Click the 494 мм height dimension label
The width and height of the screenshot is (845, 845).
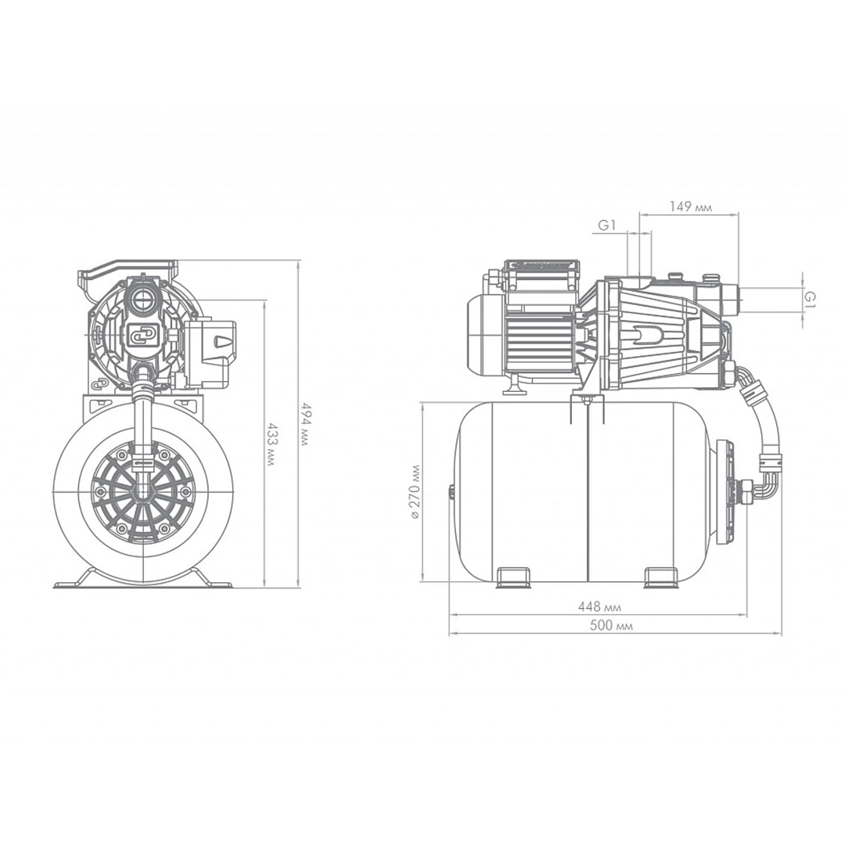pyautogui.click(x=306, y=423)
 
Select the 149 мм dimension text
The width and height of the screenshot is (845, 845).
pyautogui.click(x=690, y=207)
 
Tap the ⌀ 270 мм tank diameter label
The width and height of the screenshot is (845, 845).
pyautogui.click(x=415, y=491)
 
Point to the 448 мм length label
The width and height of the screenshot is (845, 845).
pyautogui.click(x=600, y=607)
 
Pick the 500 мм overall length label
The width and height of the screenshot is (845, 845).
pyautogui.click(x=611, y=626)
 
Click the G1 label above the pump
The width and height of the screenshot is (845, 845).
pyautogui.click(x=607, y=225)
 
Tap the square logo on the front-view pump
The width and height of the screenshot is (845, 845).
pyautogui.click(x=141, y=336)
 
